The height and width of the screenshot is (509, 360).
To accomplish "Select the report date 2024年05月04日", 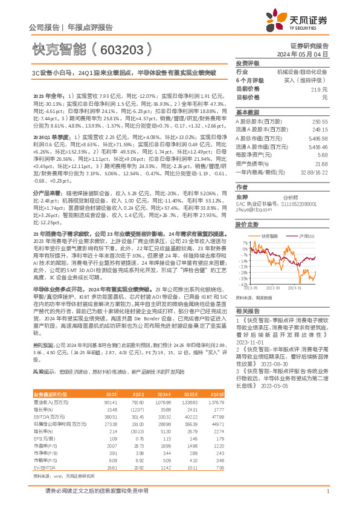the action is [309, 54].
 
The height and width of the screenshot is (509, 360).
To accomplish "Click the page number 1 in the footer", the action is [327, 491].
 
